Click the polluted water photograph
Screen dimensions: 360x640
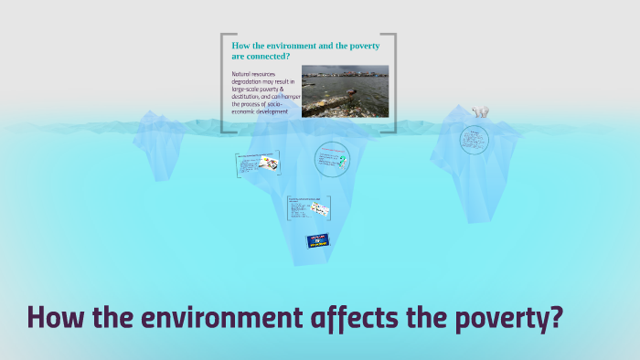click(x=345, y=90)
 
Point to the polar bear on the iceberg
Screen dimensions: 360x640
click(x=480, y=112)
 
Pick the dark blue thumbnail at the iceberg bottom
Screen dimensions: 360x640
click(x=318, y=241)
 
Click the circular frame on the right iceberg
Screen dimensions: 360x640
click(x=474, y=139)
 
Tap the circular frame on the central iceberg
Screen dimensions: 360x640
click(x=332, y=159)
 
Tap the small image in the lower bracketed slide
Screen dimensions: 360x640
click(x=319, y=207)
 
